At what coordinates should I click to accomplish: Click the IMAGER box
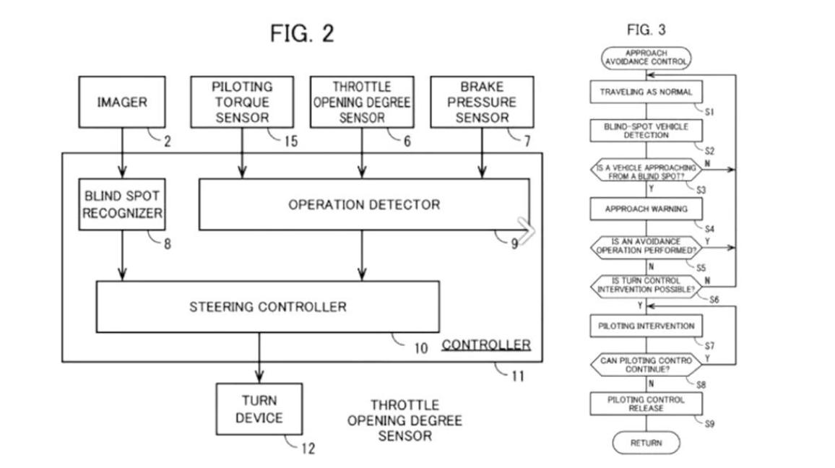pyautogui.click(x=121, y=103)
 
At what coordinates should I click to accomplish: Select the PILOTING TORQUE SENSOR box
pyautogui.click(x=242, y=102)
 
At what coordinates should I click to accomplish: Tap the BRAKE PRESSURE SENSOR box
pyautogui.click(x=482, y=102)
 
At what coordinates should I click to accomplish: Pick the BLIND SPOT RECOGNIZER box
pyautogui.click(x=122, y=204)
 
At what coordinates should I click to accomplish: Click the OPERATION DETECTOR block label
pyautogui.click(x=363, y=205)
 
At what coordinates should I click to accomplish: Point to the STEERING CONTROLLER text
pyautogui.click(x=268, y=307)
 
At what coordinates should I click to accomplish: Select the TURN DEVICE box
pyautogui.click(x=259, y=409)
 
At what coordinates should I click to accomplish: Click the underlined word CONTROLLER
pyautogui.click(x=486, y=344)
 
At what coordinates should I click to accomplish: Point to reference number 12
pyautogui.click(x=307, y=448)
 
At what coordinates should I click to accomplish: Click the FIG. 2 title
pyautogui.click(x=302, y=33)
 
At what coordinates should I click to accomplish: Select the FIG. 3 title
pyautogui.click(x=646, y=30)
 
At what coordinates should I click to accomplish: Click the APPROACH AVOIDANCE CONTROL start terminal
pyautogui.click(x=646, y=58)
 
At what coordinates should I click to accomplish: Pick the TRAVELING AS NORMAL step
pyautogui.click(x=646, y=92)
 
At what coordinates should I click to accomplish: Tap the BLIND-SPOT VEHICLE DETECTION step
pyautogui.click(x=646, y=131)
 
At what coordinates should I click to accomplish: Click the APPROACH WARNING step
pyautogui.click(x=646, y=209)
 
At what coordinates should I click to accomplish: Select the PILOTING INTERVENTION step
pyautogui.click(x=646, y=326)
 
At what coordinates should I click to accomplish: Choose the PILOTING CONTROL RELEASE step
pyautogui.click(x=646, y=404)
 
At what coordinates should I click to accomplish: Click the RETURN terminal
pyautogui.click(x=646, y=443)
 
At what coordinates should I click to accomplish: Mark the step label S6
pyautogui.click(x=714, y=299)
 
